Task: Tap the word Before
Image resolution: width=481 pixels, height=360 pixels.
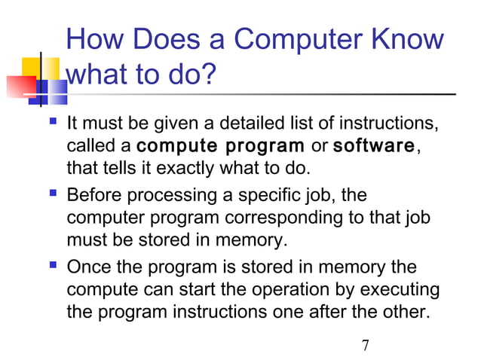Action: click(93, 196)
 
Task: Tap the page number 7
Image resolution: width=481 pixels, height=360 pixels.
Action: click(365, 346)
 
